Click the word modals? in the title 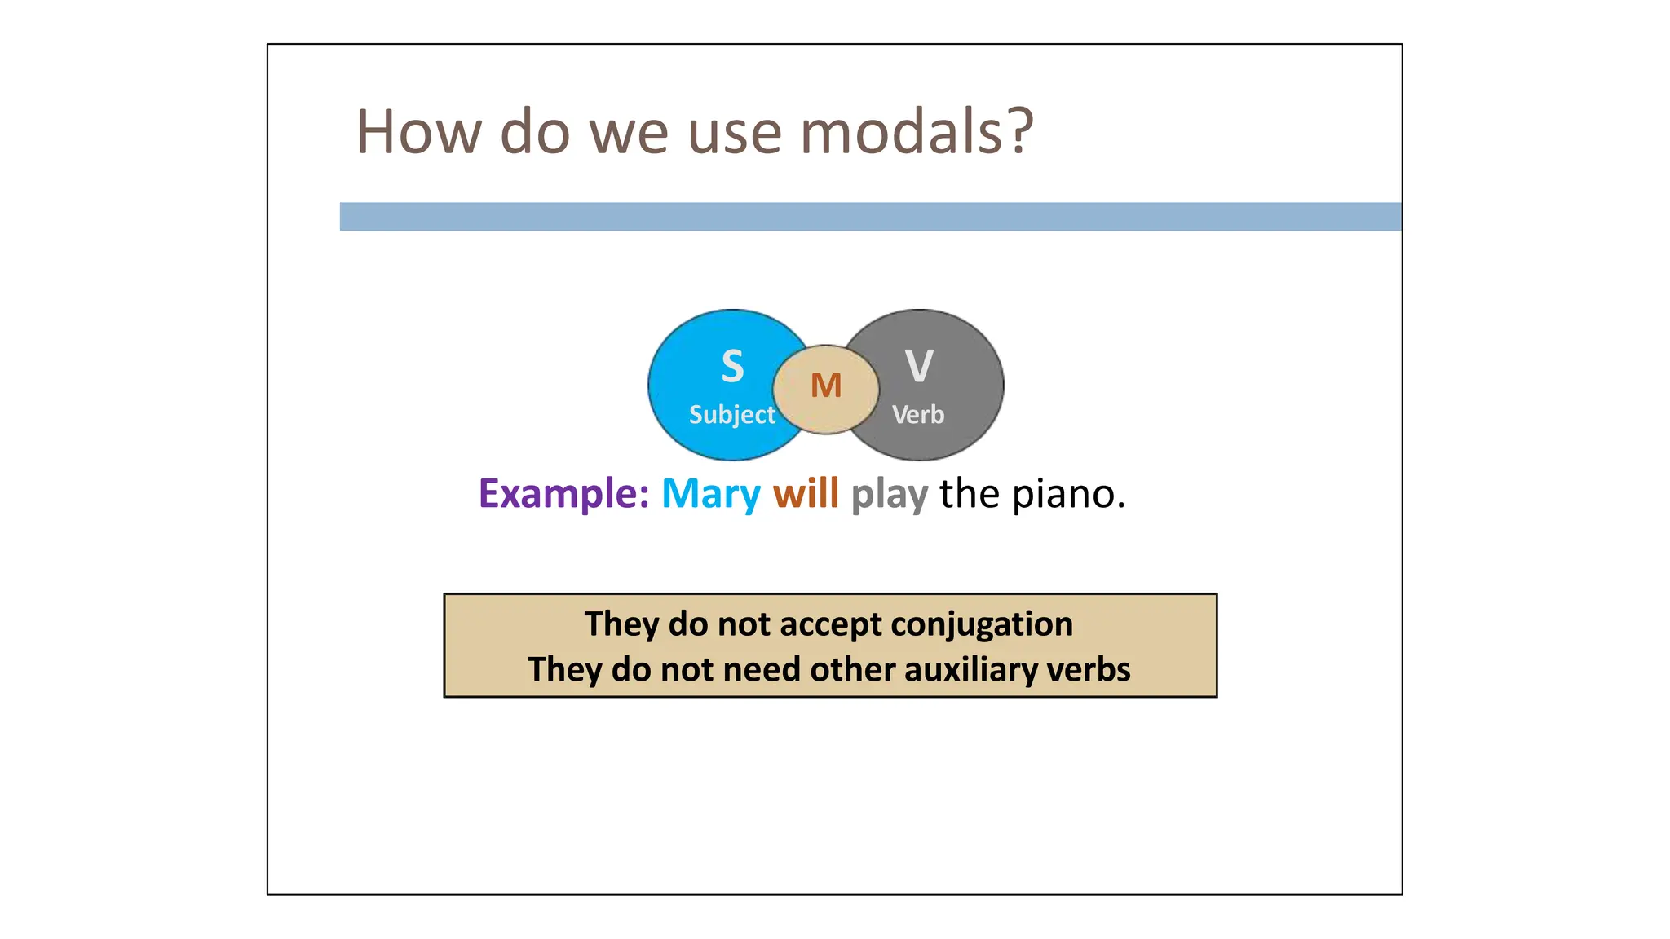(x=917, y=132)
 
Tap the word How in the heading (x=419, y=132)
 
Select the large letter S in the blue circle (x=732, y=366)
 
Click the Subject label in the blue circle (x=731, y=415)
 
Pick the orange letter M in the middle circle (x=826, y=386)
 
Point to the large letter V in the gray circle (x=919, y=366)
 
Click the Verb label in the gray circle (x=918, y=415)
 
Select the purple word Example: (x=563, y=494)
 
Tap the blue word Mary (x=711, y=494)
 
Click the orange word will (x=806, y=494)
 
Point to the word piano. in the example (x=1068, y=494)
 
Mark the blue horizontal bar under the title (x=870, y=217)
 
